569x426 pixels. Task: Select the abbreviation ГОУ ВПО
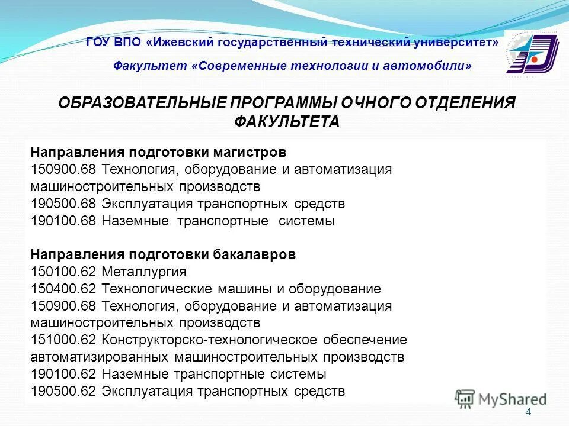click(113, 43)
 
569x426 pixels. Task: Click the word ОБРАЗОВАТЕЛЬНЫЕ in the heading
click(142, 103)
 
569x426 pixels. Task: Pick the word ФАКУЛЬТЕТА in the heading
click(287, 122)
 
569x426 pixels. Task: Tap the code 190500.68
click(64, 204)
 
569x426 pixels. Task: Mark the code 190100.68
click(64, 221)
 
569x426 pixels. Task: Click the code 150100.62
click(64, 272)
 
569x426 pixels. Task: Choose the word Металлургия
click(144, 272)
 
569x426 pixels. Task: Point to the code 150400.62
click(64, 289)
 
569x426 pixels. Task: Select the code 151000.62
click(64, 340)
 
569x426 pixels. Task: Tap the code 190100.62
click(64, 375)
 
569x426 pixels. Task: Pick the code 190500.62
click(64, 392)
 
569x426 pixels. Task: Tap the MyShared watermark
click(501, 398)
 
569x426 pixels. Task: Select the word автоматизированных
click(101, 357)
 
